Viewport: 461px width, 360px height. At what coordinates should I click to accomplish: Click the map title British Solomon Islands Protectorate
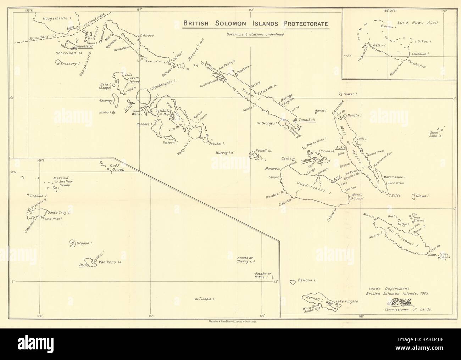click(255, 24)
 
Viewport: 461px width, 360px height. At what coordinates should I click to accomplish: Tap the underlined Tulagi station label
click(306, 161)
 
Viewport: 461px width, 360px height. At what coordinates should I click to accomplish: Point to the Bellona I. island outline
click(293, 282)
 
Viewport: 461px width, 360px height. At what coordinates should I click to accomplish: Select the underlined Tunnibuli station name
click(307, 120)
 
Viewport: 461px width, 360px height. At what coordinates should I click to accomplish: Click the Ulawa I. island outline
click(413, 196)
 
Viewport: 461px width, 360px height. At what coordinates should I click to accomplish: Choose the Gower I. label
click(350, 95)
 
